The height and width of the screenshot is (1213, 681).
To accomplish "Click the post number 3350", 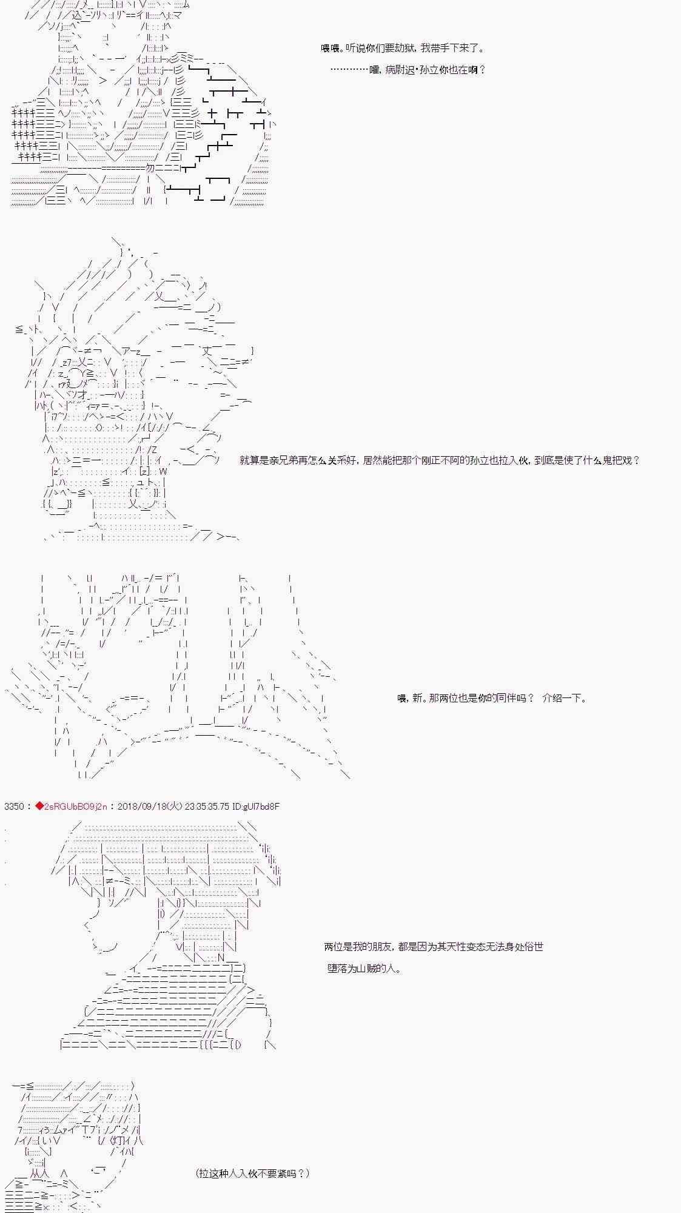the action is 14,806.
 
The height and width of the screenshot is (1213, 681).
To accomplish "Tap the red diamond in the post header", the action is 40,806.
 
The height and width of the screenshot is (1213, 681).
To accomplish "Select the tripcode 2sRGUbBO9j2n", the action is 76,806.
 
